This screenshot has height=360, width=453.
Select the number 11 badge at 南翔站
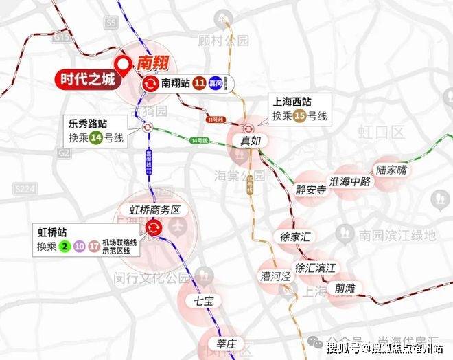198,84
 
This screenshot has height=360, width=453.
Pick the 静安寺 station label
311,190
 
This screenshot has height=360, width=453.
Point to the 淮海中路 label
350,182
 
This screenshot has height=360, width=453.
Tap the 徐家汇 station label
297,236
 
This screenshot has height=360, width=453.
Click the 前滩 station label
340,287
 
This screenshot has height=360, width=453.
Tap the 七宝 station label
204,300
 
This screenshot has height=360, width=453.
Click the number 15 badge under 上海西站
299,117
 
